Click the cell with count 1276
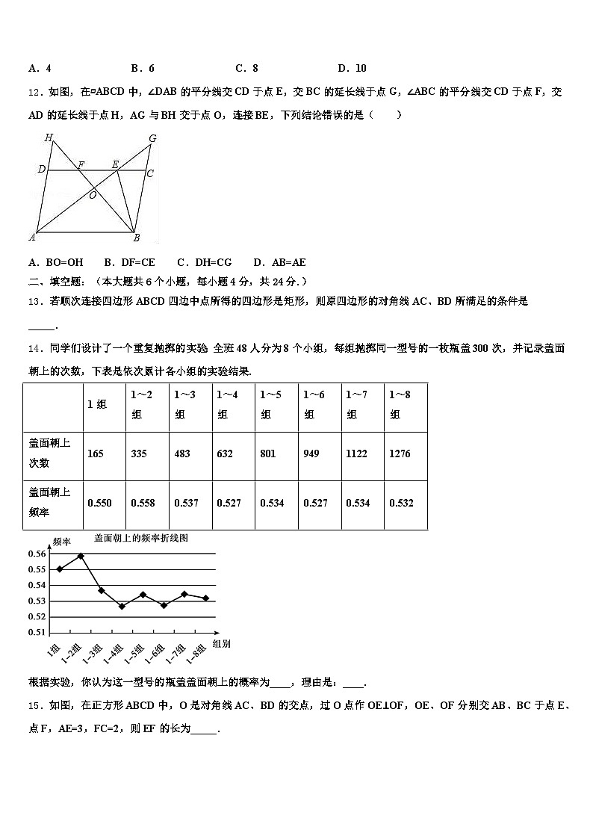pos(400,453)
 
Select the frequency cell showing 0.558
pos(143,503)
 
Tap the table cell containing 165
pos(95,453)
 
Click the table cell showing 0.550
pos(99,503)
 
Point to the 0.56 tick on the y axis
pos(37,554)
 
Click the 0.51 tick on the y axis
pos(37,632)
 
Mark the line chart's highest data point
pos(81,556)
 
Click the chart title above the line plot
pos(146,537)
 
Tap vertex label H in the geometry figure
pos(49,137)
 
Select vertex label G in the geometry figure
pos(152,138)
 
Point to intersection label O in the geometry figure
pos(93,195)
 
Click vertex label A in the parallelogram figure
pos(32,238)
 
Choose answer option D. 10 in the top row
pos(352,68)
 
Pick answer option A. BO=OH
pos(55,262)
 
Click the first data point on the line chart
pos(60,569)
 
